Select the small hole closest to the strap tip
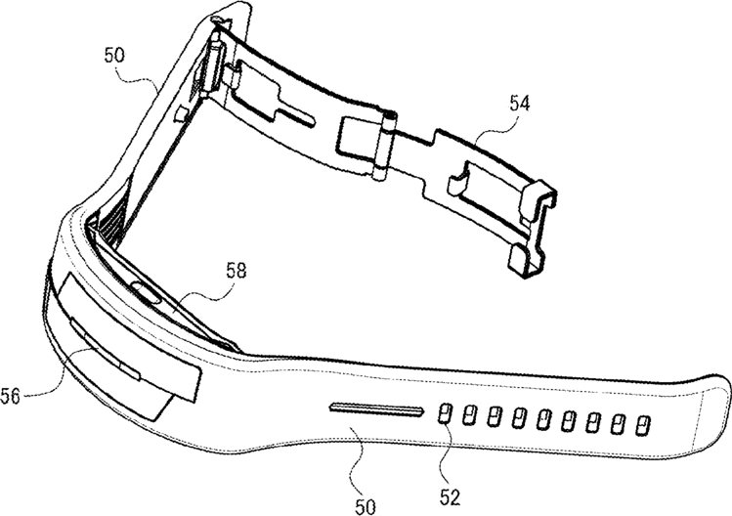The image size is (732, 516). pos(642,425)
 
